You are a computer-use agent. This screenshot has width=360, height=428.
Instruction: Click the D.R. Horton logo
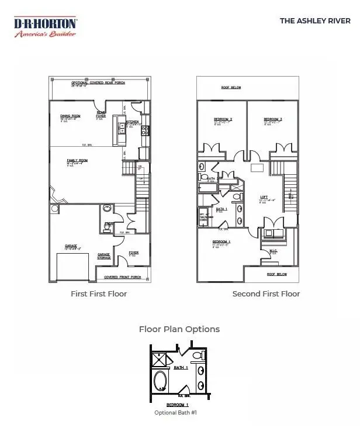45,27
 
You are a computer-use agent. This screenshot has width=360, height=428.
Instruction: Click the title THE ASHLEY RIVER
314,20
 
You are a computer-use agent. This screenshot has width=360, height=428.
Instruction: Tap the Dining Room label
71,116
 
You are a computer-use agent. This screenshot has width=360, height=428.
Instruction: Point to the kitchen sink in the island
122,132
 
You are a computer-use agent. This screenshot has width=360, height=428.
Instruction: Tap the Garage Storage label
104,256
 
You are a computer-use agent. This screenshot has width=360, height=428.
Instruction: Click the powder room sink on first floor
107,209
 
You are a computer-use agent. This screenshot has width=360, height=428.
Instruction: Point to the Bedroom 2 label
223,120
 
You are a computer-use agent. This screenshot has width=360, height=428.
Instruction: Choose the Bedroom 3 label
272,120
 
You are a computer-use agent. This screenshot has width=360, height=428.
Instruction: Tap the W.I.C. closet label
273,251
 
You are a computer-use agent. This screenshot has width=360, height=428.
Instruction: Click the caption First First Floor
99,294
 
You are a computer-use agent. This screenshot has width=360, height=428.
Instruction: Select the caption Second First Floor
266,294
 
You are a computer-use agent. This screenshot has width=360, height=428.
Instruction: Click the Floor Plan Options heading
179,329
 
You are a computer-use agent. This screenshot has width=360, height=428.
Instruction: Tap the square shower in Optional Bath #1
160,360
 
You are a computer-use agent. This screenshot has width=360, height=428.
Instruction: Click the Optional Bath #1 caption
176,413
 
